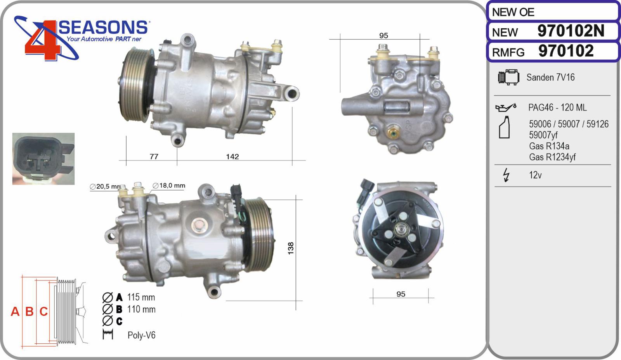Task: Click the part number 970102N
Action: click(571, 31)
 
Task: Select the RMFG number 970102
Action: click(566, 51)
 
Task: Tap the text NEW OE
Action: click(513, 12)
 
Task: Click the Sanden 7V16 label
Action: click(551, 77)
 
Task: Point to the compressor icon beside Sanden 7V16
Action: click(508, 77)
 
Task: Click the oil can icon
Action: click(506, 107)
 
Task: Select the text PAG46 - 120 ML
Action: click(557, 107)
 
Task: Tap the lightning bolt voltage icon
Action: click(506, 175)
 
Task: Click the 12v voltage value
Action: click(535, 175)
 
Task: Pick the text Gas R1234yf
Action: click(552, 157)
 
